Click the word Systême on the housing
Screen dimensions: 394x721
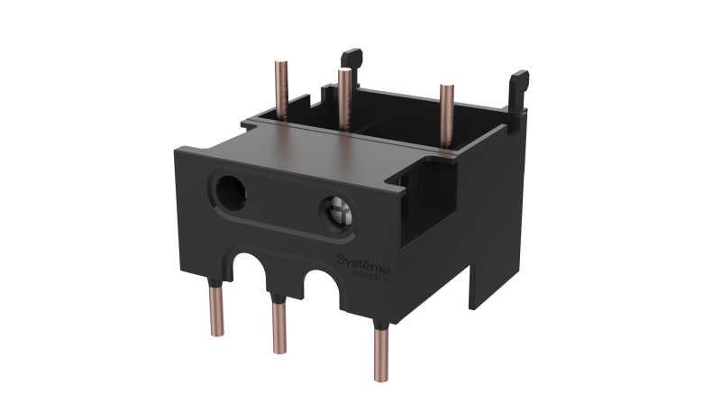[362, 261]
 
